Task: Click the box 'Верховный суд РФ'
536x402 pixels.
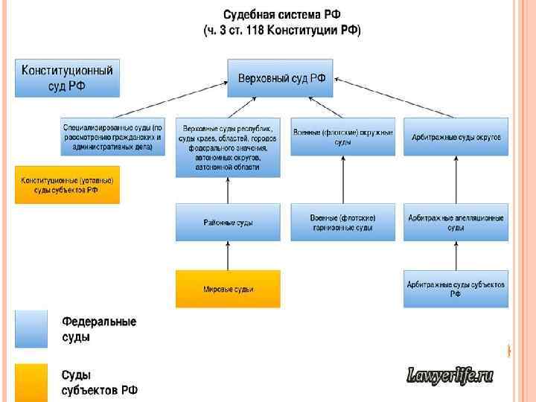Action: (281, 79)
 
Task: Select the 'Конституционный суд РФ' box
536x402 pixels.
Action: (67, 78)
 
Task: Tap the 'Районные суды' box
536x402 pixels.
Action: (228, 222)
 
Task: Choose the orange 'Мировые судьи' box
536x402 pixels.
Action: (228, 289)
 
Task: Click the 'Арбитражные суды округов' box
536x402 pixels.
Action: (456, 137)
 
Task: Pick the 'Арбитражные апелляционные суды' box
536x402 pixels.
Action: (456, 222)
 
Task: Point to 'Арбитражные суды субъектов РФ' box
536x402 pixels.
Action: (456, 289)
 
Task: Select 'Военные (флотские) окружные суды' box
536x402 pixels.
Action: (342, 137)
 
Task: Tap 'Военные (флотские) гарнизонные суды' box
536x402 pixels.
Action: (342, 222)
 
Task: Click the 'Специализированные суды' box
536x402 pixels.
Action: (112, 137)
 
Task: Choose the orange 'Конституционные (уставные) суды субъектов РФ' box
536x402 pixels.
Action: (67, 185)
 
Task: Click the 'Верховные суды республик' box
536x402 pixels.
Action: (228, 147)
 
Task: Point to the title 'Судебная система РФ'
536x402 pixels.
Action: (281, 15)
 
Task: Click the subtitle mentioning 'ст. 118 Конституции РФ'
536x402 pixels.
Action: (281, 31)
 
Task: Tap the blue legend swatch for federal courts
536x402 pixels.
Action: (31, 328)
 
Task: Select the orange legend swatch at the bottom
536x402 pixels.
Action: (31, 382)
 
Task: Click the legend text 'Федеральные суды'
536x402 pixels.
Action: (99, 329)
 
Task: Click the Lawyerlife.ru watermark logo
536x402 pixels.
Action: (450, 376)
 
